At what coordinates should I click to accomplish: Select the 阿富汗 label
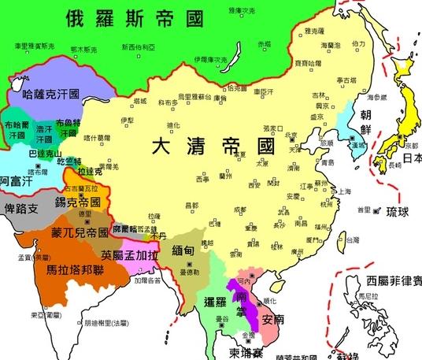[x=15, y=180]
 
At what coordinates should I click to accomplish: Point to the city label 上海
[x=343, y=191]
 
